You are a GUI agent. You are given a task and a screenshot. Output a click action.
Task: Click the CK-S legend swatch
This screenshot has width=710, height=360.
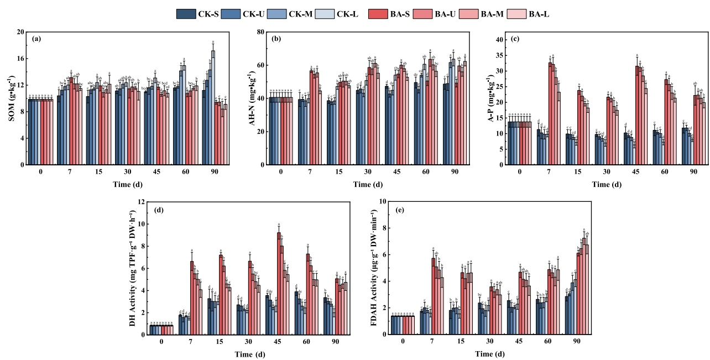click(x=184, y=14)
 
